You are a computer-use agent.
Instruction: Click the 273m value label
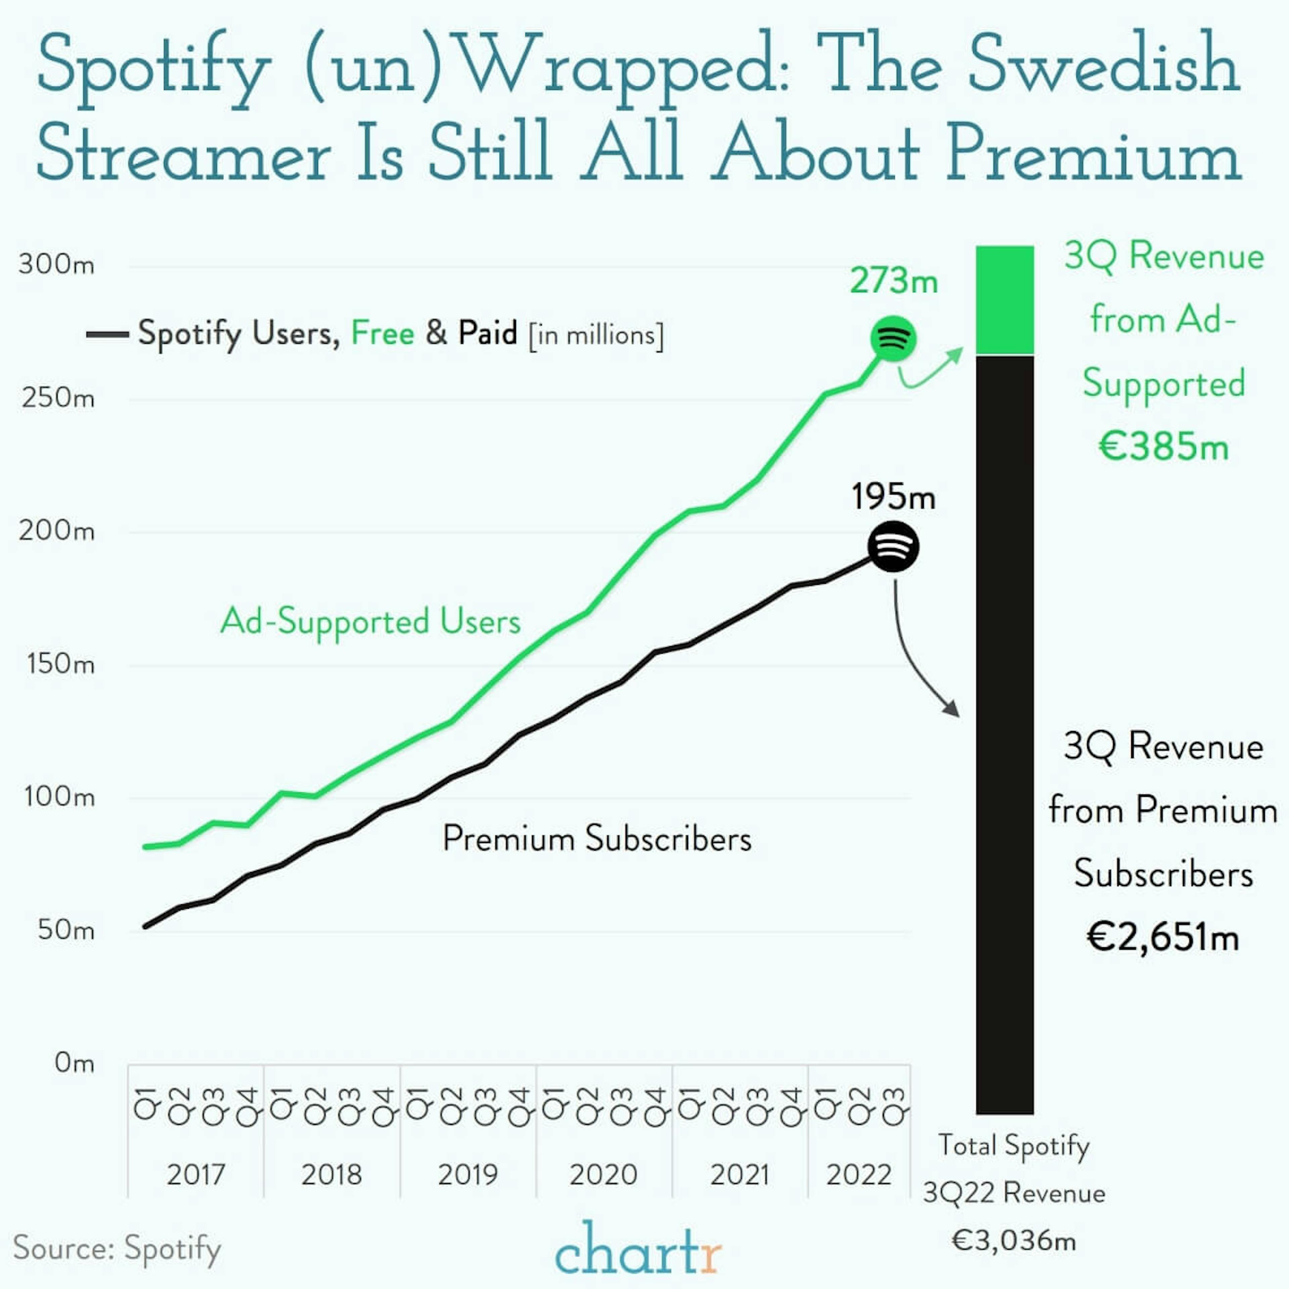893,280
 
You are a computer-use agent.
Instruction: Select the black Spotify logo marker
893,547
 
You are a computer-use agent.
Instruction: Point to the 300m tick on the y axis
57,265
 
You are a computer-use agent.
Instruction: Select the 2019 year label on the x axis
468,1174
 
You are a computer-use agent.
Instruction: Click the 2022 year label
859,1174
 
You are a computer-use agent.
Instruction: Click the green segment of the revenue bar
1004,300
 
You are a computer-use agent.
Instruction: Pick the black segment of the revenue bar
1004,734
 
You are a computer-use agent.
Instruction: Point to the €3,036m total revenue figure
1013,1241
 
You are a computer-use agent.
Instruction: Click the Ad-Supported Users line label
370,622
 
